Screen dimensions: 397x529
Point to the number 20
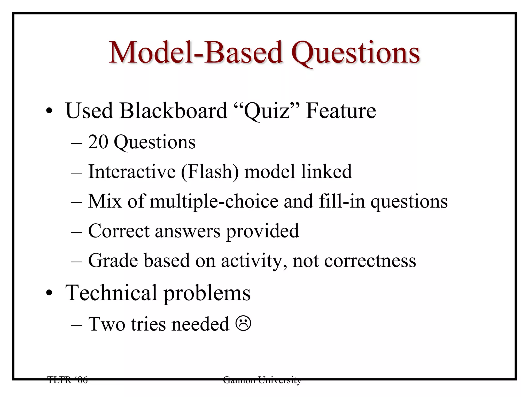tap(98, 142)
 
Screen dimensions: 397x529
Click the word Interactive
tap(132, 172)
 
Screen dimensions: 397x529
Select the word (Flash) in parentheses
tap(210, 172)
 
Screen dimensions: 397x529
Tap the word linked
tap(326, 172)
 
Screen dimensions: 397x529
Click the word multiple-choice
tap(214, 202)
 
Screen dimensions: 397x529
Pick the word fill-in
tap(342, 201)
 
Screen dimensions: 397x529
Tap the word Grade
tap(113, 261)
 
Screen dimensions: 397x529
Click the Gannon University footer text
tap(262, 380)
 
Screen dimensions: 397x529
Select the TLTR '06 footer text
tap(68, 380)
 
